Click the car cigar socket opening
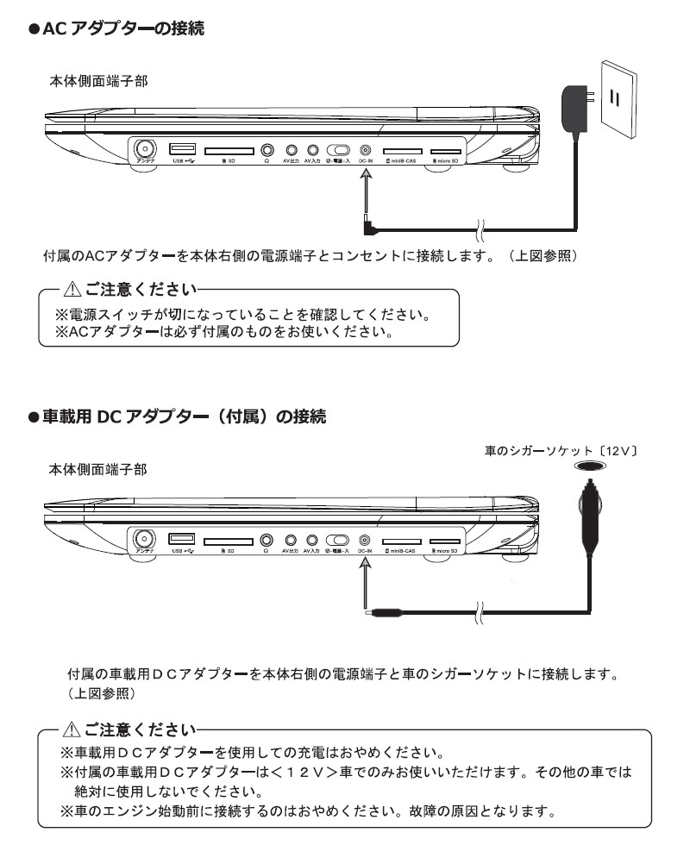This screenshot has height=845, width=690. point(590,466)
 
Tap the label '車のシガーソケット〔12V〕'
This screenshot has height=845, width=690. point(561,450)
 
